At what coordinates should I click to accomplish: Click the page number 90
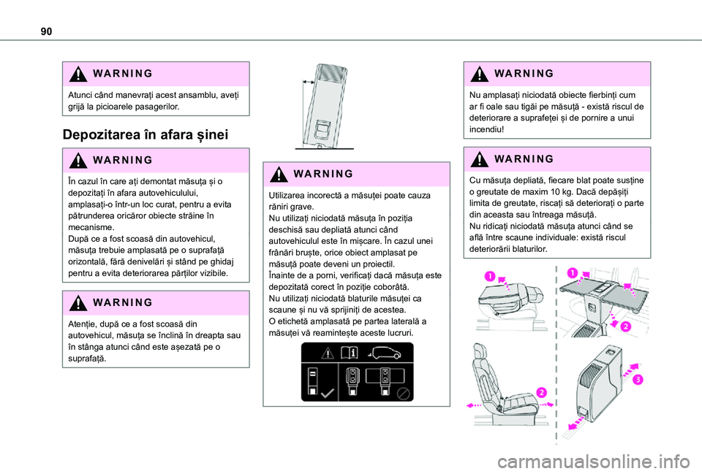coord(46,31)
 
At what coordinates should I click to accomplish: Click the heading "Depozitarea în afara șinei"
coord(146,134)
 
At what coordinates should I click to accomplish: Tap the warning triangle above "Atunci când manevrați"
coord(78,74)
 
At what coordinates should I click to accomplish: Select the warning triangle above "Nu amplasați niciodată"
coord(479,74)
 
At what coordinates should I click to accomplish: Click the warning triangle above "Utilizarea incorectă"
coord(279,174)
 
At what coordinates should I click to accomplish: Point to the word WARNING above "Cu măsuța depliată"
coord(524,159)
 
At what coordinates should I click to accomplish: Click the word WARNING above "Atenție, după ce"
coord(123,303)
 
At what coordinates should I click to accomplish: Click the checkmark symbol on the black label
coord(328,393)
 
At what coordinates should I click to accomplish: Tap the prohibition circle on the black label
coord(403,393)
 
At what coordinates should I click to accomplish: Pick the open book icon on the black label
coord(350,353)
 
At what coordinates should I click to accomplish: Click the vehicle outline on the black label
coord(386,353)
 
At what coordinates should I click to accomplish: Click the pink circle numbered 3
coord(637,380)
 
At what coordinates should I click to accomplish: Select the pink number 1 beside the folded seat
coord(490,276)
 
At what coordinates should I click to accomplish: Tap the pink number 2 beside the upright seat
coord(541,393)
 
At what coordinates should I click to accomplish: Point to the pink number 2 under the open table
coord(625,326)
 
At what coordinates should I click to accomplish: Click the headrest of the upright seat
coord(480,351)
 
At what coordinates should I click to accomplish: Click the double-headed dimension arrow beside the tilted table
coord(308,83)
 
